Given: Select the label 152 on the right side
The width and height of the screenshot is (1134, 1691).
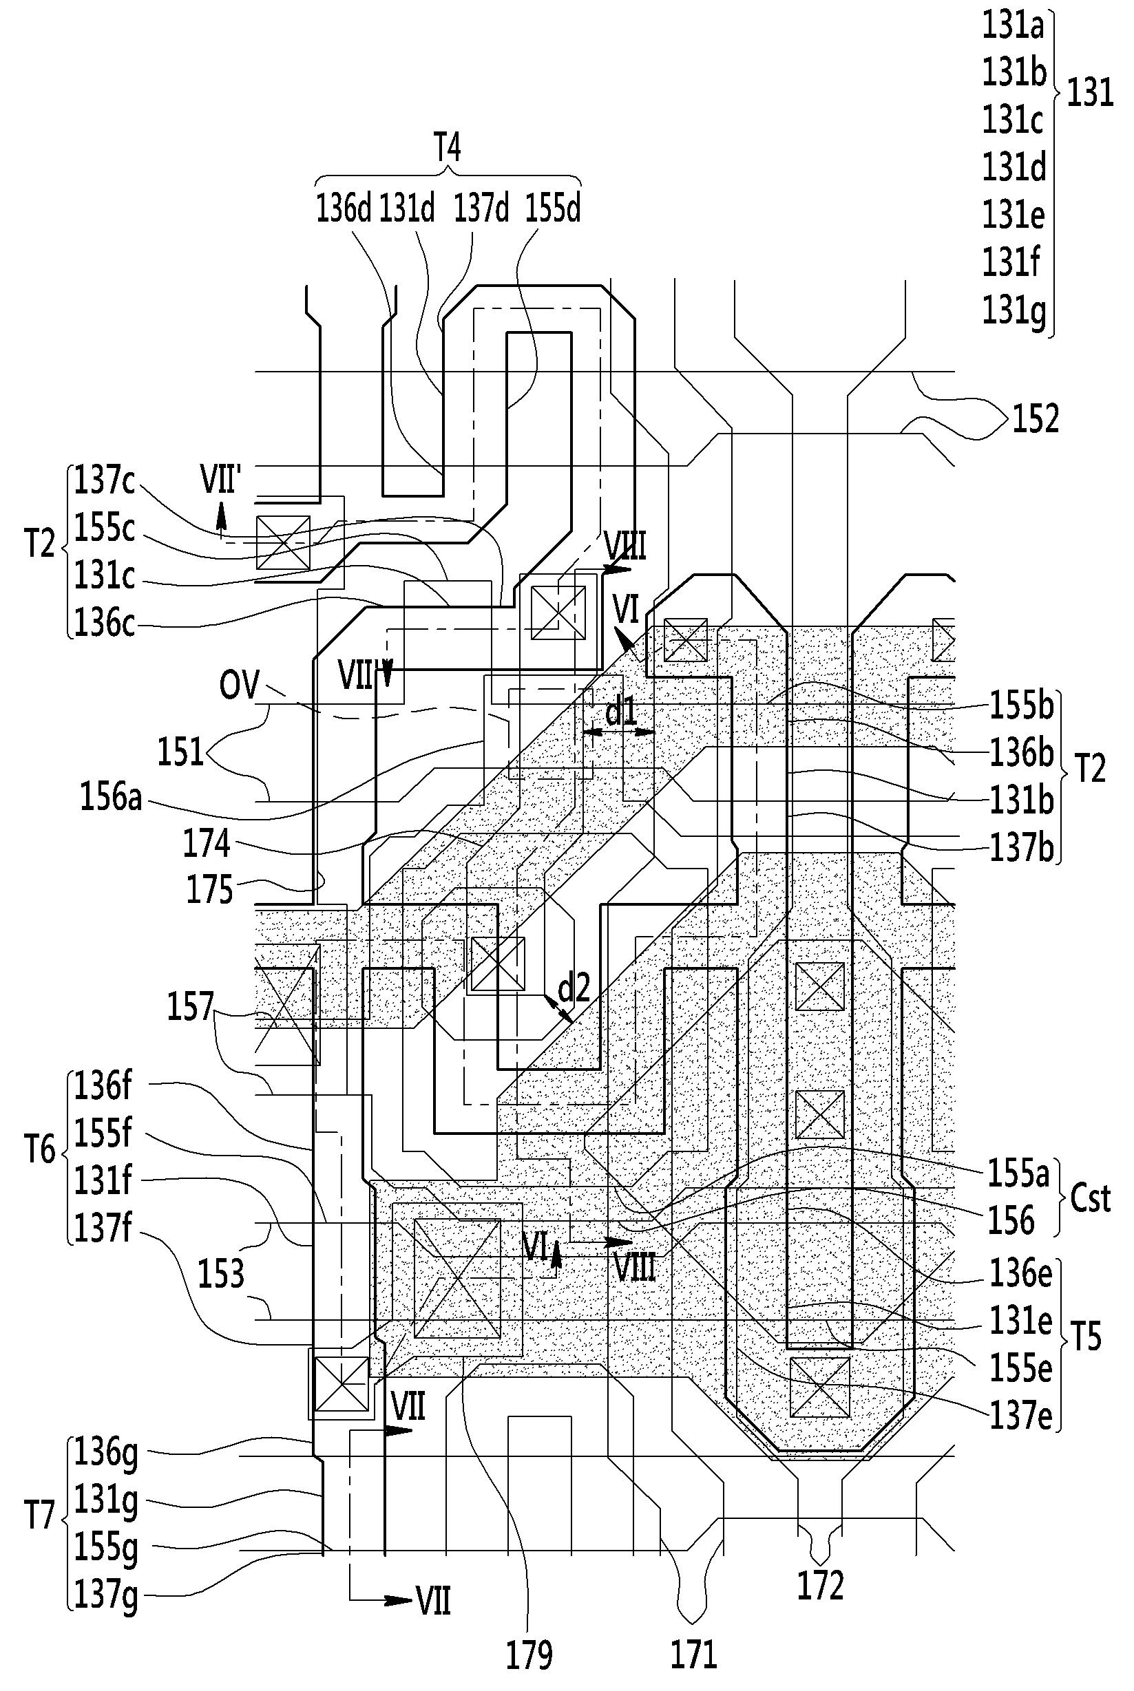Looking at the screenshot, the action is click(x=1036, y=418).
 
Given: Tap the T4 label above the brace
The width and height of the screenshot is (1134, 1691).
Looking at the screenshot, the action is click(x=447, y=148).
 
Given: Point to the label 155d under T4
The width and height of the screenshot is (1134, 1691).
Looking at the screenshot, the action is click(x=554, y=209).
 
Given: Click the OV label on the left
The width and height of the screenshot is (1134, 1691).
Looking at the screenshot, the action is click(x=240, y=684).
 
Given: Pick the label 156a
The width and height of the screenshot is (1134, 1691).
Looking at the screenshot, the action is click(x=111, y=800).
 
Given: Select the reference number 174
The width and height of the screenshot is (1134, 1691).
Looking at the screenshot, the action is click(x=207, y=844).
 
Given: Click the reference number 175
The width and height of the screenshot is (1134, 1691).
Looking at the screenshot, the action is click(x=210, y=890).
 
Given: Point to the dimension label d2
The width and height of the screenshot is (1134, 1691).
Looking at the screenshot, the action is click(x=574, y=987).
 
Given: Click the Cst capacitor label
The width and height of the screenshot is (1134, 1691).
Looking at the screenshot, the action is click(x=1090, y=1199).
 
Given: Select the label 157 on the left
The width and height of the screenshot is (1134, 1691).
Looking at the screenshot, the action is click(x=190, y=1006).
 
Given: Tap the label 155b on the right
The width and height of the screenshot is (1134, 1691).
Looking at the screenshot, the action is click(x=1020, y=707).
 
